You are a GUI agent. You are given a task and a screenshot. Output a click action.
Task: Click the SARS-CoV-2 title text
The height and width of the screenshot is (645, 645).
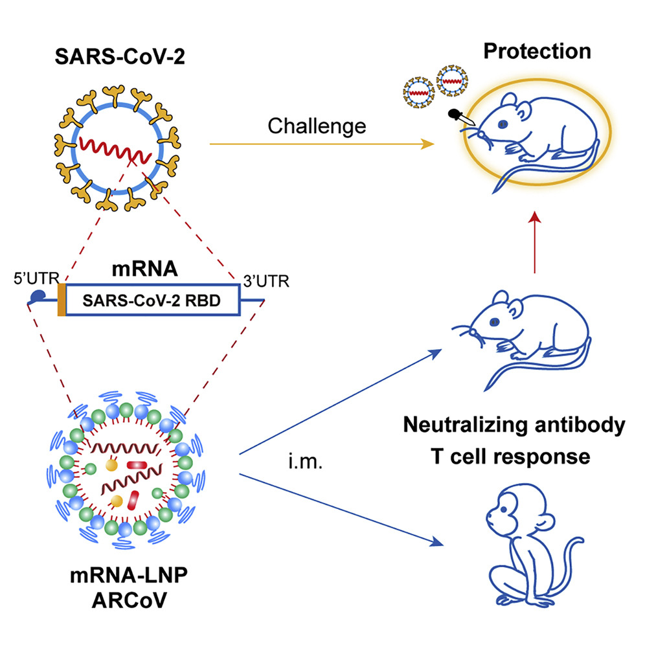tap(120, 56)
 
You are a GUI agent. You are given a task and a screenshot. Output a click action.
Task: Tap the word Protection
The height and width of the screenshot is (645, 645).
tap(537, 51)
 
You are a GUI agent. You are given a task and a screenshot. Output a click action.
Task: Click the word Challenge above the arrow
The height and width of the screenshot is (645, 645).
tap(317, 126)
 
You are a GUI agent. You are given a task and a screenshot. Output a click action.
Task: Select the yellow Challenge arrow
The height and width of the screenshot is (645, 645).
tap(322, 144)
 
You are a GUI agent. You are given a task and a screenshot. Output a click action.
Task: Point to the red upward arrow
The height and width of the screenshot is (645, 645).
tap(535, 242)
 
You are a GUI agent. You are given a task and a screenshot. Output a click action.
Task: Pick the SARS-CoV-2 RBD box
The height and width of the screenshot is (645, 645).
tap(153, 300)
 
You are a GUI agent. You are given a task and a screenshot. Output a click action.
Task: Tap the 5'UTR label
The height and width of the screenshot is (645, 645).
tap(37, 278)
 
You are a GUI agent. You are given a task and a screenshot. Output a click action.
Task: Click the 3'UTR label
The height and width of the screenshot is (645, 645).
tap(266, 281)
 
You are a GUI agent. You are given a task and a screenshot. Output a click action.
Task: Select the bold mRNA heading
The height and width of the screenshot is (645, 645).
tap(145, 269)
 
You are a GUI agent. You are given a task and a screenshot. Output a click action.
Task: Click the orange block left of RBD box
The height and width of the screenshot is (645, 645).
tap(62, 300)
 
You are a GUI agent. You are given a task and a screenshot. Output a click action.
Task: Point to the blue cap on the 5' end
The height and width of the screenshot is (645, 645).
tap(38, 296)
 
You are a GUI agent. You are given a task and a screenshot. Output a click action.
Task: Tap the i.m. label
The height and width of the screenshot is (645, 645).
tap(305, 462)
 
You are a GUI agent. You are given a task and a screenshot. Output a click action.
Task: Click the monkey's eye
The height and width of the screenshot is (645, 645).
tap(503, 510)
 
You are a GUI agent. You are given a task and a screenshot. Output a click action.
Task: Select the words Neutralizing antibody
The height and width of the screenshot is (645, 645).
tap(514, 425)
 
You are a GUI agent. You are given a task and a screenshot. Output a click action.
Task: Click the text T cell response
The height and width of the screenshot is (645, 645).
tap(510, 457)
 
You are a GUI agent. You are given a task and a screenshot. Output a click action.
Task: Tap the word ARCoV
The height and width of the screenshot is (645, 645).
tap(129, 600)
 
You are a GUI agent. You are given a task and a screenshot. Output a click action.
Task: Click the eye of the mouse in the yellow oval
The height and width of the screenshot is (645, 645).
tap(503, 124)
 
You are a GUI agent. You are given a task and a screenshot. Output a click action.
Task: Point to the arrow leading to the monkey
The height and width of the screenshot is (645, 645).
tap(341, 510)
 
